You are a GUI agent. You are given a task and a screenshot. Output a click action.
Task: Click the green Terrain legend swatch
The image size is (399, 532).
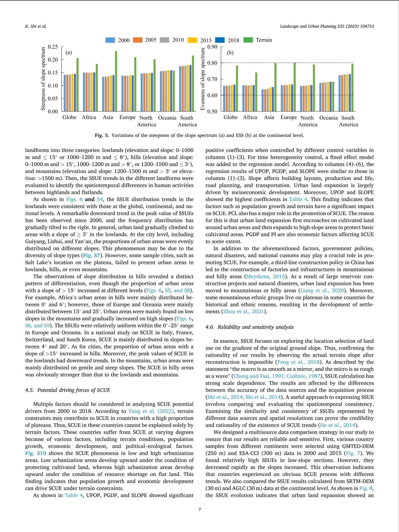[x=248, y=40]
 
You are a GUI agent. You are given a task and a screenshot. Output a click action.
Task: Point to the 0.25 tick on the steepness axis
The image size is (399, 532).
[x=53, y=47]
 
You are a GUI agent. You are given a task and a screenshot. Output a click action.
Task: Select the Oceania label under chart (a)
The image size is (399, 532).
[x=167, y=118]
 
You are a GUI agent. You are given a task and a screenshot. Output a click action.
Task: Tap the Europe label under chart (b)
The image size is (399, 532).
[x=289, y=117]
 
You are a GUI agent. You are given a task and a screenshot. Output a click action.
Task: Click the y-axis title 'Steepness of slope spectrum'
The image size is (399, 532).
[x=43, y=79]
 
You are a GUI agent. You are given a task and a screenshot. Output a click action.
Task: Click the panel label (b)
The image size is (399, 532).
[x=230, y=53]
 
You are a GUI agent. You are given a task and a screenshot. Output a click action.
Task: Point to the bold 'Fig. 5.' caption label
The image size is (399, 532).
[x=102, y=135]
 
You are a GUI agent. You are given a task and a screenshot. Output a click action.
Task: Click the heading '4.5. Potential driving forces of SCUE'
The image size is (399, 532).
[x=68, y=390]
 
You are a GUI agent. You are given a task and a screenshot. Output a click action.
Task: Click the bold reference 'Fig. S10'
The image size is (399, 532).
[x=36, y=453]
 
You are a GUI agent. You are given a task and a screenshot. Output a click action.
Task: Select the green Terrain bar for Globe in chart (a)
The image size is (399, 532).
[x=77, y=85]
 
